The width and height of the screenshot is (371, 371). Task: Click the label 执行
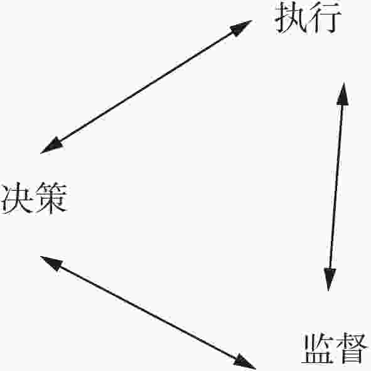pyautogui.click(x=308, y=18)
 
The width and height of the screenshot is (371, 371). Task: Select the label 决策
pyautogui.click(x=34, y=198)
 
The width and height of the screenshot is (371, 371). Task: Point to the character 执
pyautogui.click(x=291, y=18)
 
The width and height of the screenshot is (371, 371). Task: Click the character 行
pyautogui.click(x=325, y=18)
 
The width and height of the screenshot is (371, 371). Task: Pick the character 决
pyautogui.click(x=16, y=198)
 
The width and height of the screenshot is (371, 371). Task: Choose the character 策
pyautogui.click(x=51, y=198)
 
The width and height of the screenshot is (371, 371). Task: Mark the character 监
pyautogui.click(x=316, y=348)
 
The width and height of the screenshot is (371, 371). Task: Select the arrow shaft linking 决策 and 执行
pyautogui.click(x=146, y=87)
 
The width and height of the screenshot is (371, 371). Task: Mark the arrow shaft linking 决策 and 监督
pyautogui.click(x=148, y=313)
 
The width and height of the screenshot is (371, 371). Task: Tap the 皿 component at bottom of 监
pyautogui.click(x=316, y=357)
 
